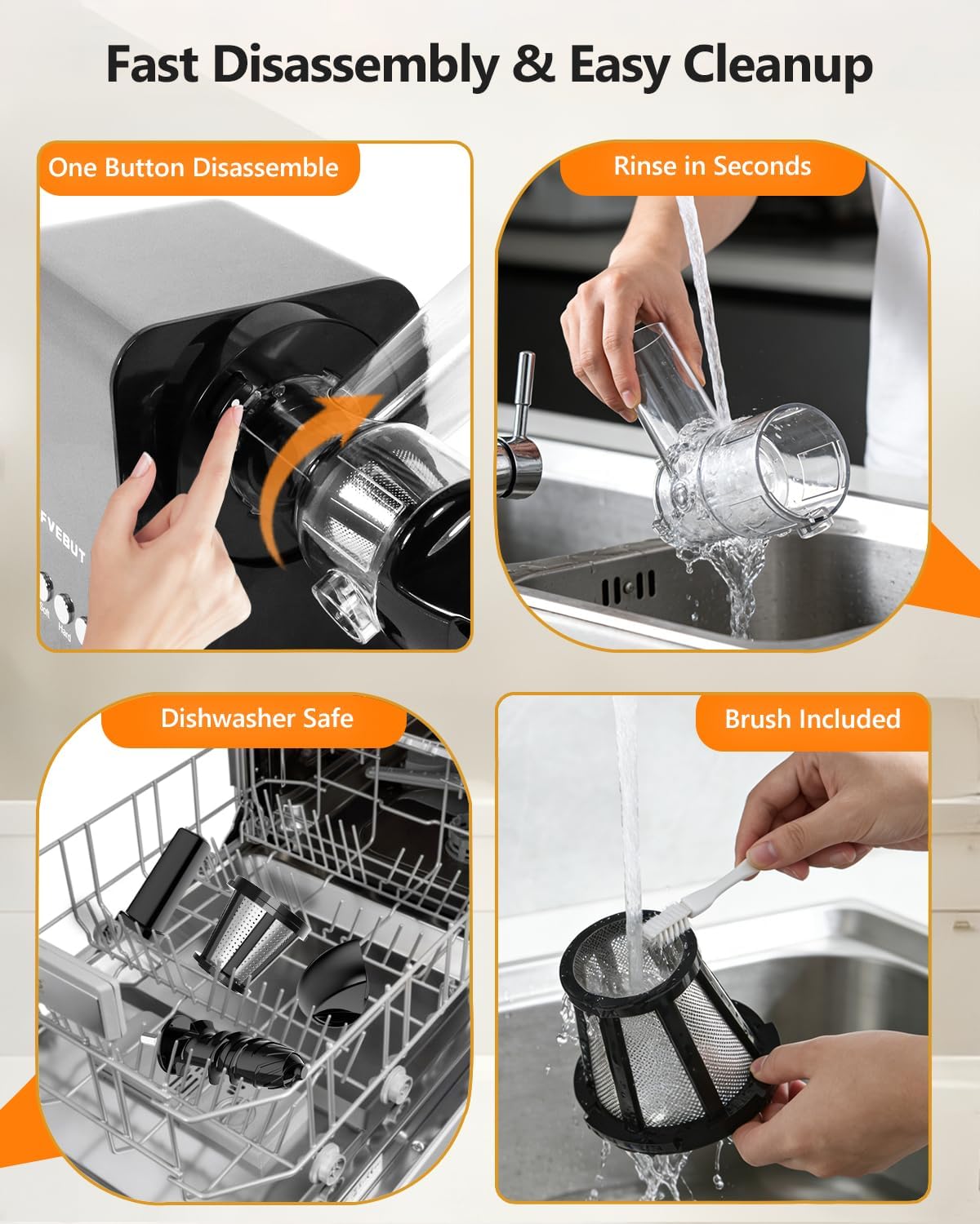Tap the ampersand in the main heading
(x=534, y=65)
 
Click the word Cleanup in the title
(x=777, y=65)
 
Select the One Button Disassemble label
(x=194, y=168)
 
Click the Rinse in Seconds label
(x=712, y=166)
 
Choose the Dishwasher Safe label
(x=256, y=719)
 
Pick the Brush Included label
(x=813, y=720)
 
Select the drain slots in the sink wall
(x=627, y=586)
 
